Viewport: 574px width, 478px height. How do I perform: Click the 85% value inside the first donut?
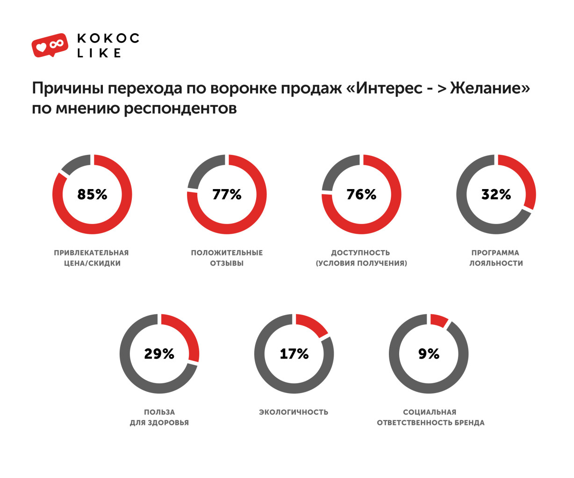click(x=92, y=194)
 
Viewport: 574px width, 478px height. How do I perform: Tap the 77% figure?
click(x=227, y=194)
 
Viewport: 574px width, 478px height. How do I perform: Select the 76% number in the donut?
click(x=361, y=194)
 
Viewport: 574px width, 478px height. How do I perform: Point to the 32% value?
click(x=496, y=194)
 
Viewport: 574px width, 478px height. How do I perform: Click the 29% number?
click(x=159, y=354)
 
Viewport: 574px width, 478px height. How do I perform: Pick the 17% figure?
click(x=294, y=354)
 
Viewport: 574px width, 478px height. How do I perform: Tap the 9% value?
click(x=429, y=354)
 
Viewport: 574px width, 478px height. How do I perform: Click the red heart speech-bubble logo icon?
click(x=50, y=45)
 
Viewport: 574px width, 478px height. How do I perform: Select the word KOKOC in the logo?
click(x=108, y=38)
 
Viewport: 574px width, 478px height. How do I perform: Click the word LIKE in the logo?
click(x=99, y=53)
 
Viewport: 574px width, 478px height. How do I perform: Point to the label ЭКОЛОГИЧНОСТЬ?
click(x=294, y=412)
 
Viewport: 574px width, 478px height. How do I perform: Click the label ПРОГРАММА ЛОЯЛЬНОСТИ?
click(x=496, y=258)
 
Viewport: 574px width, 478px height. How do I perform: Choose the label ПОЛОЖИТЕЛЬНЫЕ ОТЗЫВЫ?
click(x=227, y=258)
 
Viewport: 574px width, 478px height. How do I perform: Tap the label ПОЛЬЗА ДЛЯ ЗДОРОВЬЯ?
click(x=159, y=417)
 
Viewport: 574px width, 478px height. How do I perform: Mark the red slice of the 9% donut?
click(x=438, y=320)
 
